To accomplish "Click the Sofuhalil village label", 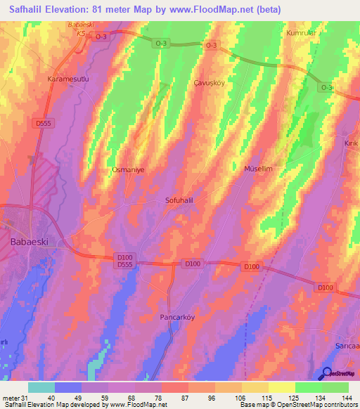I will click(179, 200).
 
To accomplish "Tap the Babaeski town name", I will click(30, 240).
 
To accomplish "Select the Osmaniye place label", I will click(128, 170).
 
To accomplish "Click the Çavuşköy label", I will click(209, 82).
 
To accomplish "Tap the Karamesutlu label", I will click(67, 79).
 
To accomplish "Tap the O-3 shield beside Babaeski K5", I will click(101, 35).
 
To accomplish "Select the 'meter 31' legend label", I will click(13, 398).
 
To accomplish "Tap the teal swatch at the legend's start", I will click(41, 387).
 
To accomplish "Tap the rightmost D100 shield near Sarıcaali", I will click(324, 287).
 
